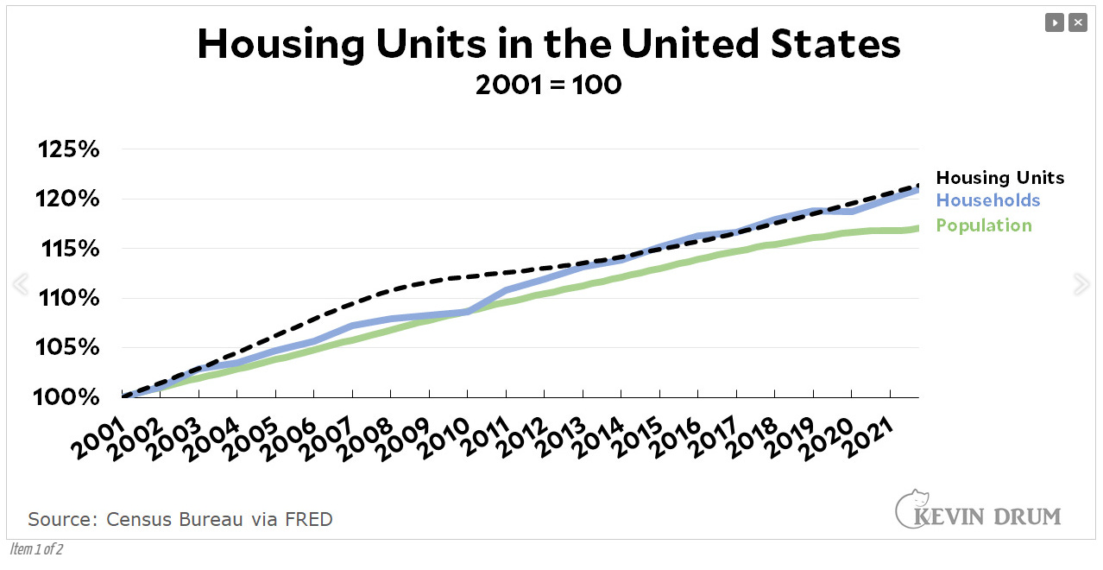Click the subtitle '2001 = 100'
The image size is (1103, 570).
click(549, 85)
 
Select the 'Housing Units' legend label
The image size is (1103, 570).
click(999, 178)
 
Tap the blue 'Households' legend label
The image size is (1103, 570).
click(987, 201)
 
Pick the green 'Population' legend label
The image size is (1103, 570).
click(983, 225)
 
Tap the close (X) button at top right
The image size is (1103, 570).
click(1078, 22)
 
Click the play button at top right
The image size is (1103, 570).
click(1054, 22)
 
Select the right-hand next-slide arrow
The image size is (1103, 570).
click(1081, 284)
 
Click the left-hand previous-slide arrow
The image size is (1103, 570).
click(20, 284)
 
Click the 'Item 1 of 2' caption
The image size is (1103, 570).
click(36, 549)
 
